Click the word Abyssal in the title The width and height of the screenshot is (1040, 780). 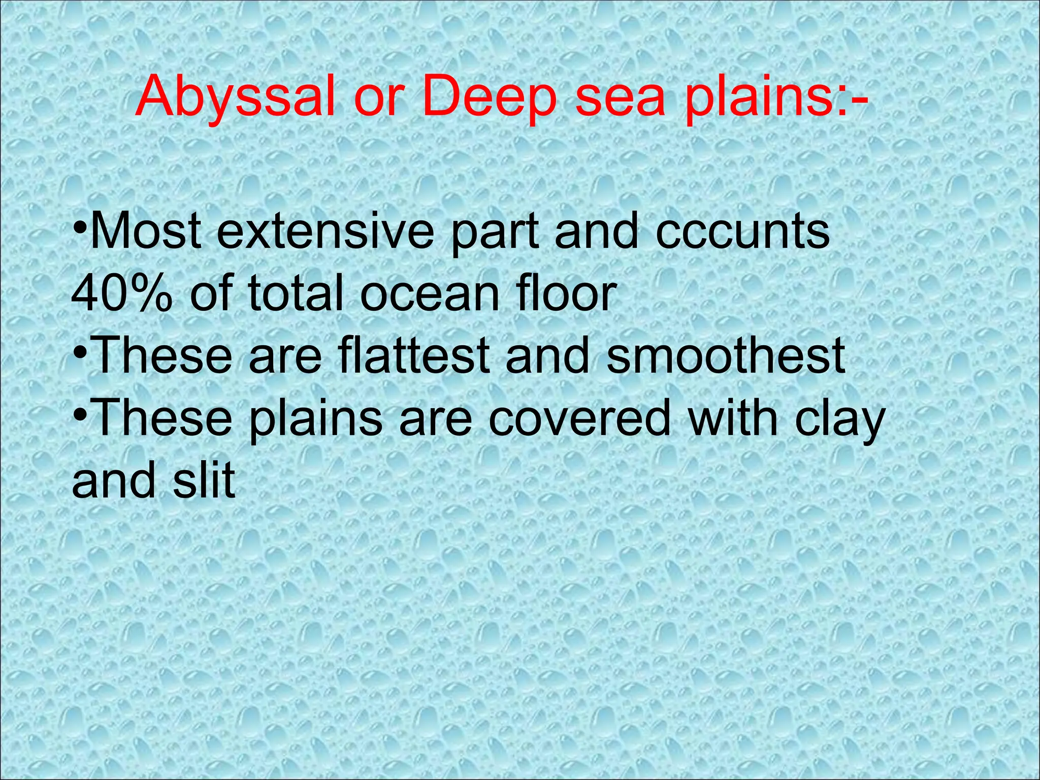click(235, 96)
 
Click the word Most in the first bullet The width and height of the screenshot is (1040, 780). click(150, 231)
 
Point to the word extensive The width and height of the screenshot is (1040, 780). click(326, 231)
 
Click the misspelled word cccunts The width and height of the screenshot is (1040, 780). click(743, 231)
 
